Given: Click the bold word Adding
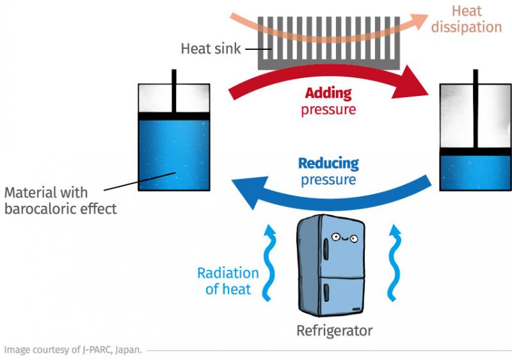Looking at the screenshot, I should coord(328,93).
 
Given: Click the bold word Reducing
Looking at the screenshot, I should coord(328,163).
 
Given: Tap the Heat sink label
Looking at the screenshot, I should coord(211,49).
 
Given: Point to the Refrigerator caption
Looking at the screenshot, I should coord(334,331).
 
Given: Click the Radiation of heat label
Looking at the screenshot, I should coord(228,281).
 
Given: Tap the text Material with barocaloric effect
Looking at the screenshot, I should coord(61,200).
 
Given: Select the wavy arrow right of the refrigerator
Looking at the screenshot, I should coord(395,262).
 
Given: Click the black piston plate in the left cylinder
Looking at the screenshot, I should coord(174,116).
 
